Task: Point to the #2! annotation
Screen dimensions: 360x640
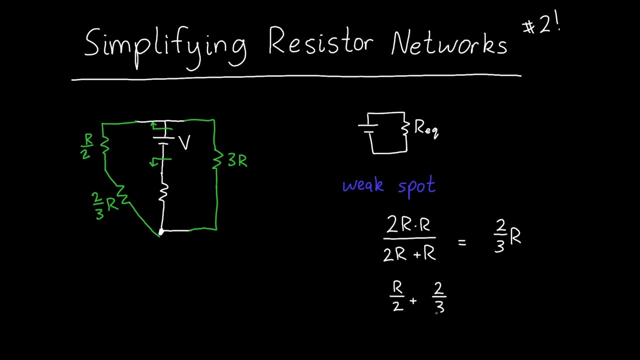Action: pos(542,25)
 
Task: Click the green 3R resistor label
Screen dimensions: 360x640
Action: pos(237,160)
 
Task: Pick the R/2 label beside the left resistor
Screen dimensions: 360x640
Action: pos(87,146)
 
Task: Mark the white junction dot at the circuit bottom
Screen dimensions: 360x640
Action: pos(161,231)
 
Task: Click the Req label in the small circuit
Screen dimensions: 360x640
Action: pos(426,129)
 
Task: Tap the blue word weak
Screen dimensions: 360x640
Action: pos(363,186)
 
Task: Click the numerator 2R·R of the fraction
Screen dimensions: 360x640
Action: pos(408,225)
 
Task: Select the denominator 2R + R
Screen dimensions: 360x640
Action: pos(409,254)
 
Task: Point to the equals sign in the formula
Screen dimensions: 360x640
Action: pos(461,242)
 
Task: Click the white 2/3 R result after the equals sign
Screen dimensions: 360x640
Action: pos(507,236)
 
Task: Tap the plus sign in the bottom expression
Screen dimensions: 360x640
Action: pos(413,300)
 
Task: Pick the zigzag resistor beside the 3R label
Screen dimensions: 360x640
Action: pos(217,160)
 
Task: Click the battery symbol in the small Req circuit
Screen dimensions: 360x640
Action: pos(368,125)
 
